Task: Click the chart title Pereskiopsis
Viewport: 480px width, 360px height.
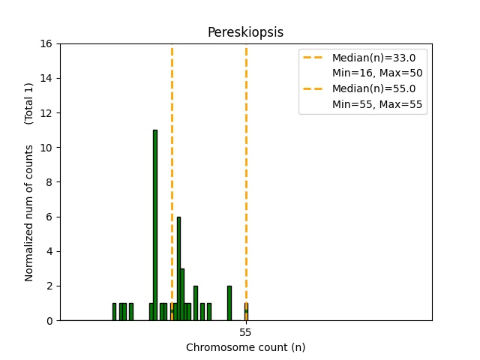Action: tap(245, 32)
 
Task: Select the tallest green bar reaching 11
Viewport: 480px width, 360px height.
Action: tap(155, 225)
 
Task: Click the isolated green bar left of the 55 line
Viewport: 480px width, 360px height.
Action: tap(229, 303)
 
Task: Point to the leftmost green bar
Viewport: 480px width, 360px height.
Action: tap(114, 312)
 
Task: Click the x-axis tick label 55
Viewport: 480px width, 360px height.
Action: tap(245, 332)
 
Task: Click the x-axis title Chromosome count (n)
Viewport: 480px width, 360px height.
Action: tap(245, 347)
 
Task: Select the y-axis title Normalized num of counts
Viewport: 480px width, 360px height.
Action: tap(29, 213)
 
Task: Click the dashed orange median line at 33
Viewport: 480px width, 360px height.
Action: tap(172, 150)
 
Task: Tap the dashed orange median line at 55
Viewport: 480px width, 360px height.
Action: tap(246, 150)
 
